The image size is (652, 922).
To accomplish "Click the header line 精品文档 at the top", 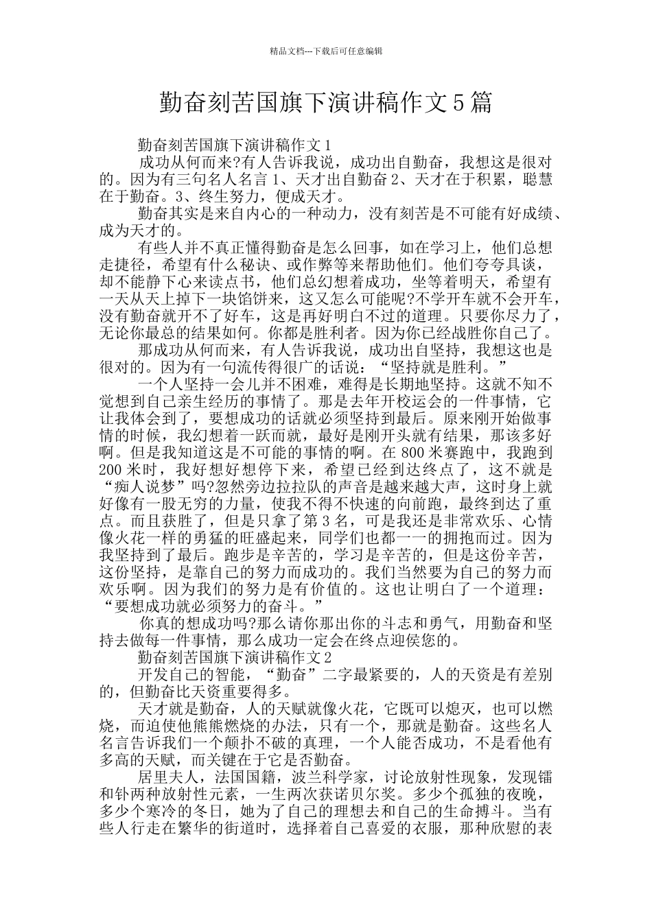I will pyautogui.click(x=326, y=51).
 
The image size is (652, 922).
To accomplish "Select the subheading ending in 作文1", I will pyautogui.click(x=235, y=145).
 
